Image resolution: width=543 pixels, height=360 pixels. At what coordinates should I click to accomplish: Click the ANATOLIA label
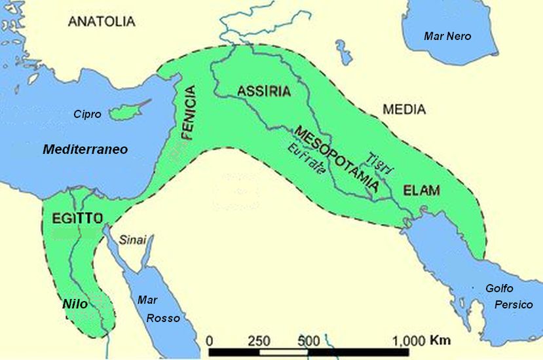point(102,21)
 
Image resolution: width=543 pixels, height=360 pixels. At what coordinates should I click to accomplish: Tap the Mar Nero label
point(447,37)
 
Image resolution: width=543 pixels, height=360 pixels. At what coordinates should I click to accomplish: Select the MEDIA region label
point(404,109)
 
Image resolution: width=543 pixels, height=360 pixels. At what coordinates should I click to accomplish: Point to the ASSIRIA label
point(263,91)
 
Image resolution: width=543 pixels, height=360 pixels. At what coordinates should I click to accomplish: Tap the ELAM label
point(421,191)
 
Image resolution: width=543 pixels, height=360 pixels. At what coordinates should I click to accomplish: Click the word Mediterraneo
point(85,150)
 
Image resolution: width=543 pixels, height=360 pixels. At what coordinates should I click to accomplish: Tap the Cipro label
point(87,115)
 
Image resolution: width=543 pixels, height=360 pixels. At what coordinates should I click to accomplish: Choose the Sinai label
point(132,240)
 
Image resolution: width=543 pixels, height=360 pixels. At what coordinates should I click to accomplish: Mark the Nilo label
point(75,304)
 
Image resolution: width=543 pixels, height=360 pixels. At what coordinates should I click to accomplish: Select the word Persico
point(514,305)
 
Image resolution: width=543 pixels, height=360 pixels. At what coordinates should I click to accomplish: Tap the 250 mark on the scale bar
point(259,341)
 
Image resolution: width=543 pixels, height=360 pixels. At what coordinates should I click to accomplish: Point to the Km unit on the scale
point(440,340)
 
